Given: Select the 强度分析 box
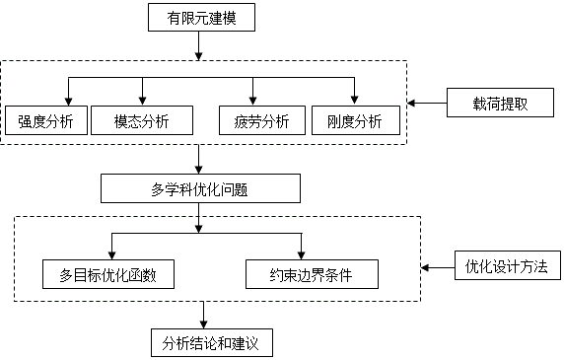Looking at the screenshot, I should (x=45, y=121).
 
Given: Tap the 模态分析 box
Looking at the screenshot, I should (x=142, y=121).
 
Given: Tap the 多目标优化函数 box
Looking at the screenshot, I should (x=109, y=274).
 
